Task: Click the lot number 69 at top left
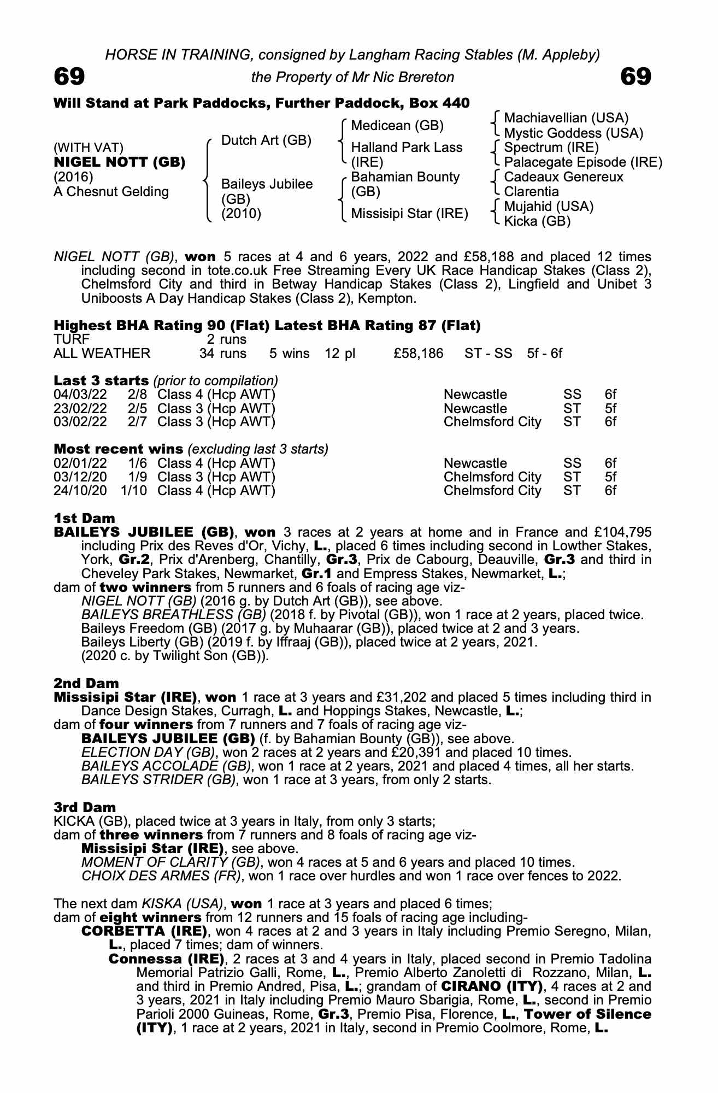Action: (x=69, y=77)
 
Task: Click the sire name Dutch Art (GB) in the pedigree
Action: (x=266, y=140)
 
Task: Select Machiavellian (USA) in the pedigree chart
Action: (x=566, y=118)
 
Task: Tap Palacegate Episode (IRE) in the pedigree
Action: (x=583, y=162)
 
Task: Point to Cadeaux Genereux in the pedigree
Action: (x=563, y=177)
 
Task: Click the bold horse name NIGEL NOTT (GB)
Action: (x=120, y=162)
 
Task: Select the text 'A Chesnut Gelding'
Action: (x=111, y=192)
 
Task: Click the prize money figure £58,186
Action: (x=418, y=353)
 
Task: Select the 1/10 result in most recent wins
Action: (x=134, y=490)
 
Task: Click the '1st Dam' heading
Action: (x=85, y=518)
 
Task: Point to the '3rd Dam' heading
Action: (x=85, y=807)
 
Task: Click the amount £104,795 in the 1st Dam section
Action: (x=619, y=532)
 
